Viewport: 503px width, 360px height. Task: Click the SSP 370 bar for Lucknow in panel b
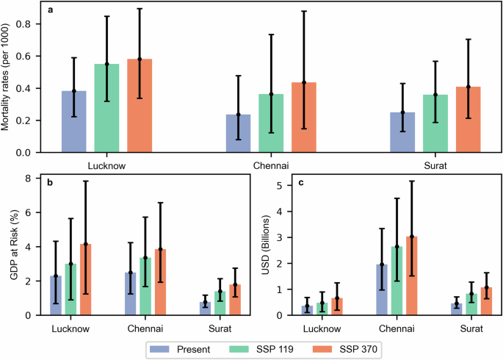click(106, 280)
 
